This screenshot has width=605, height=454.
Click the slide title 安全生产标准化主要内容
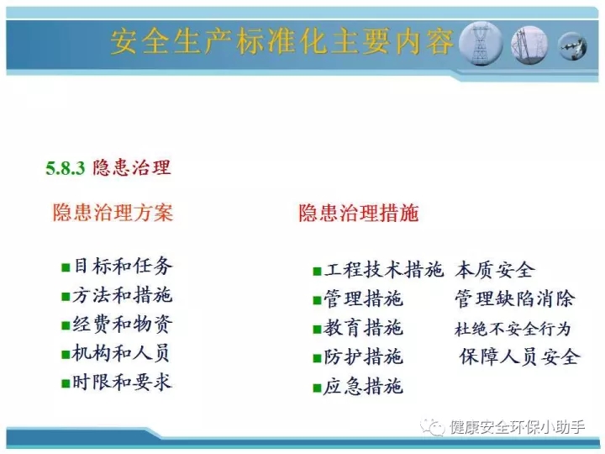[282, 42]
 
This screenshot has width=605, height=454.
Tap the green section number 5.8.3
[65, 168]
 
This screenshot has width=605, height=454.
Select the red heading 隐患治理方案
[113, 213]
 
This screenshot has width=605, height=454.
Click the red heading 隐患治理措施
[359, 213]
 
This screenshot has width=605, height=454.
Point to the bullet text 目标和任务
[123, 266]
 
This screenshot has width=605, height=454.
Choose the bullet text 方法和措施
[123, 295]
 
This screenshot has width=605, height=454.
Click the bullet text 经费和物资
[123, 325]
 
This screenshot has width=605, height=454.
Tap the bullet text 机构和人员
[121, 353]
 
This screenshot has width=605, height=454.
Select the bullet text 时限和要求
[123, 383]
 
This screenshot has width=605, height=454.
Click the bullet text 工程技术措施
[383, 270]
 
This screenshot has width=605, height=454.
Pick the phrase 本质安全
[495, 270]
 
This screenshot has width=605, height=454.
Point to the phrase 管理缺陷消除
[515, 298]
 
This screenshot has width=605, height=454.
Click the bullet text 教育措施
[364, 328]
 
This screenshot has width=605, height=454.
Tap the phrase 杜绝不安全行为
[513, 329]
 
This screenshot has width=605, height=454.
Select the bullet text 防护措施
[364, 356]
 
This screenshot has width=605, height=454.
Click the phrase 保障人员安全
[519, 356]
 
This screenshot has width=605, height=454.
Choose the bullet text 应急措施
[364, 386]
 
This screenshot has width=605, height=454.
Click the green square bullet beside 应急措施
[317, 388]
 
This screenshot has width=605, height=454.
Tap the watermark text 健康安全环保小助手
[518, 427]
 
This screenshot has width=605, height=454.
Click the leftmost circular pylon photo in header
[480, 44]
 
